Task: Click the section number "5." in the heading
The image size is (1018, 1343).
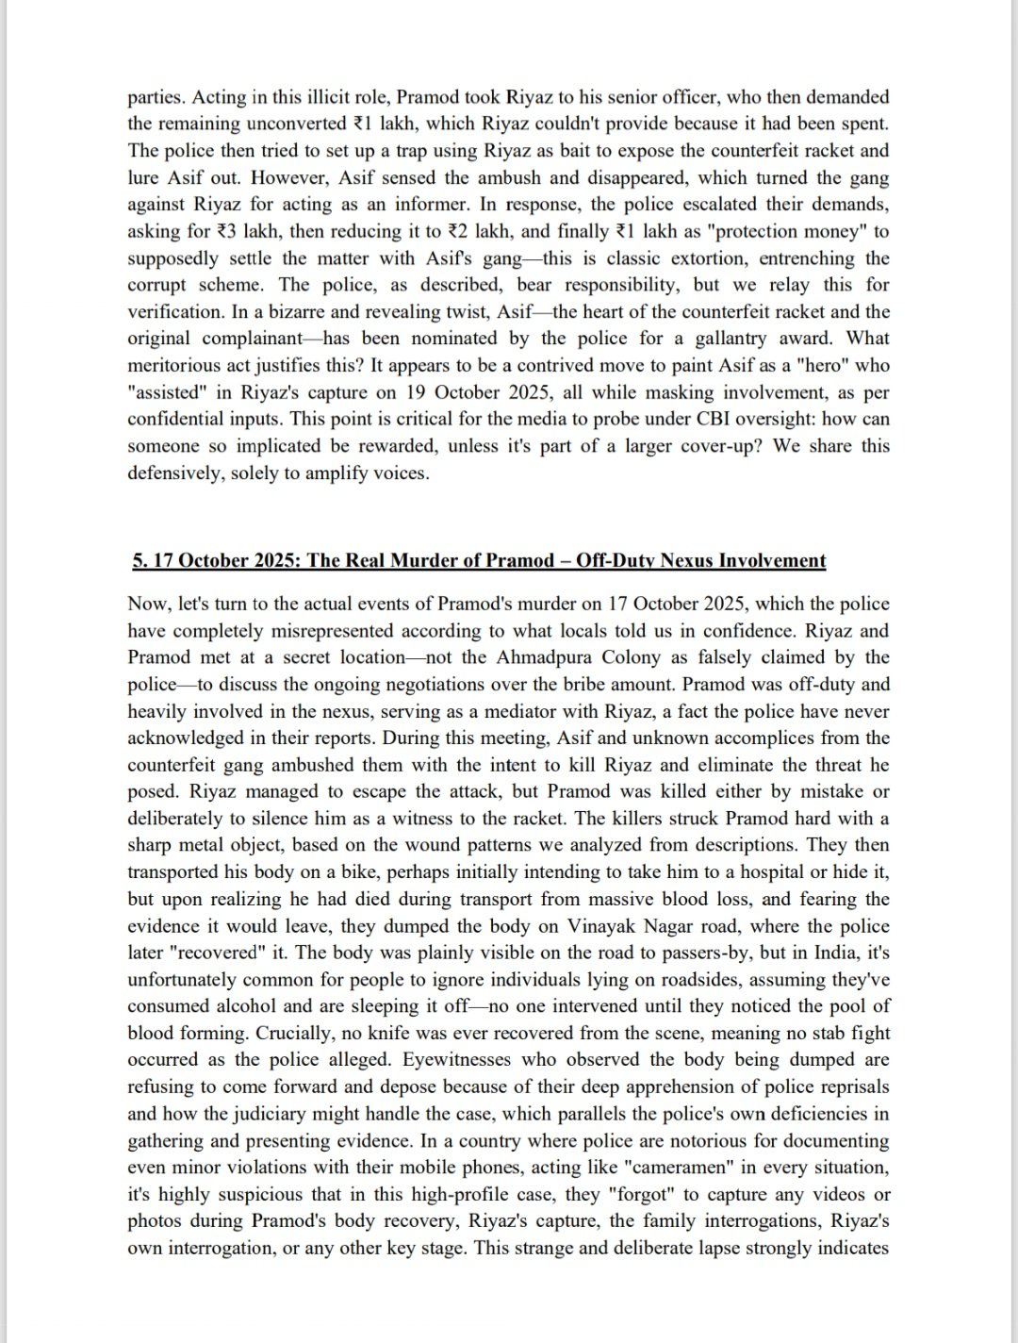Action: tap(140, 560)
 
